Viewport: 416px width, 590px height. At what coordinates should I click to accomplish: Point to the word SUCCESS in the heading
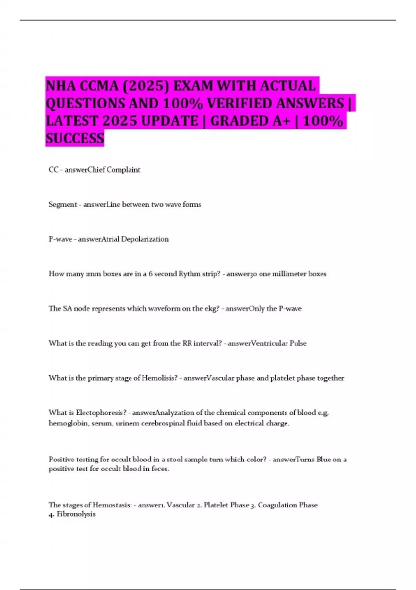tap(75, 138)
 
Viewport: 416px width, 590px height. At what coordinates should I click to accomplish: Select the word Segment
tap(62, 204)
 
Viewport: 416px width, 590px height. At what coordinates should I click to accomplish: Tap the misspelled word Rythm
tap(190, 274)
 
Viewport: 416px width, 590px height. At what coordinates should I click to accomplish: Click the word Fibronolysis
tap(76, 514)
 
